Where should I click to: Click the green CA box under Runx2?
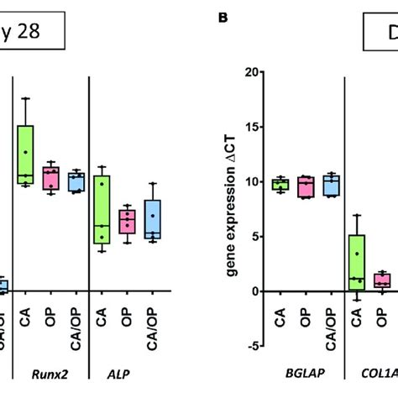coord(26,154)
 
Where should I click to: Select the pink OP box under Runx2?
coord(51,178)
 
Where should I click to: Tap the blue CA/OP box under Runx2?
coord(76,181)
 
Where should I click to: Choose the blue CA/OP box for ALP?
coord(152,220)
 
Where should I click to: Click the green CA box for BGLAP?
coord(280,185)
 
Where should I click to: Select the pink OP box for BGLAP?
coord(306,186)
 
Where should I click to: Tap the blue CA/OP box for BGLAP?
coord(332,185)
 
